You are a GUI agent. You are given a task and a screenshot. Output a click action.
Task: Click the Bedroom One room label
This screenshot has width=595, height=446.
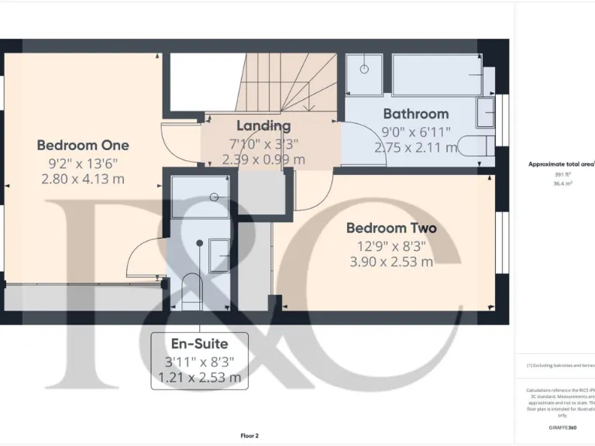coord(83,145)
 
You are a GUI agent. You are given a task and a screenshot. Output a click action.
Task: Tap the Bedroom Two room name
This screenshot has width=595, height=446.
coord(390,228)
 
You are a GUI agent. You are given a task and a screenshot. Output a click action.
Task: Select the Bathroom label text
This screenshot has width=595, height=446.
coord(415,114)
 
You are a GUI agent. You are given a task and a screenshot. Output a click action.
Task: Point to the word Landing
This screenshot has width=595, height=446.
coord(263,125)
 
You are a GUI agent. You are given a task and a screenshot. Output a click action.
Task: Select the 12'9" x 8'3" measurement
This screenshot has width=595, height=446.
coord(390,246)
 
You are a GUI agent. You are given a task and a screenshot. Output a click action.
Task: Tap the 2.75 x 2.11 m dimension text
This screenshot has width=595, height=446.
coord(415,146)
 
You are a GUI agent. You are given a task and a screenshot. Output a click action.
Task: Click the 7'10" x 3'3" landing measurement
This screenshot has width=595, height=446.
coord(263,143)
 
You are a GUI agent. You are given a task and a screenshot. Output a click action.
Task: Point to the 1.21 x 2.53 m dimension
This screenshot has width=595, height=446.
coord(198,378)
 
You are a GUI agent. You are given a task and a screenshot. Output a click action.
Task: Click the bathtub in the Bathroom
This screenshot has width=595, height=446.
coord(437,74)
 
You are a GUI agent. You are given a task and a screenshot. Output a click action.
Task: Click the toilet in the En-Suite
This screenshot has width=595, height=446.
coord(190,291)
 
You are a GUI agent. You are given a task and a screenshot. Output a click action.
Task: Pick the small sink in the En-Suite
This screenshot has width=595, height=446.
coord(218,253)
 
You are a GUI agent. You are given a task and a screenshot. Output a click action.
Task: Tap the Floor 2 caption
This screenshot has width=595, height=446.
coord(249,436)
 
